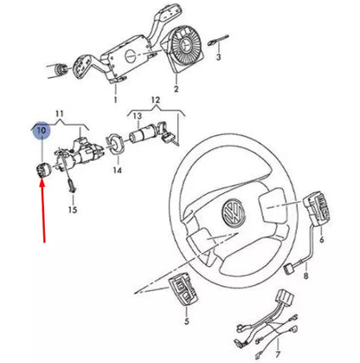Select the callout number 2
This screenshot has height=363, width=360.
176,89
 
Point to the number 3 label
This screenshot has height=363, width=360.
219,56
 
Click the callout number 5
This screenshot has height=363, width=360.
185,321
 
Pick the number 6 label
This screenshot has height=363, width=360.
322,239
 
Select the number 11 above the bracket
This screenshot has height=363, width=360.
61,113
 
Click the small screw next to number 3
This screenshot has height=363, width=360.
222,37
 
